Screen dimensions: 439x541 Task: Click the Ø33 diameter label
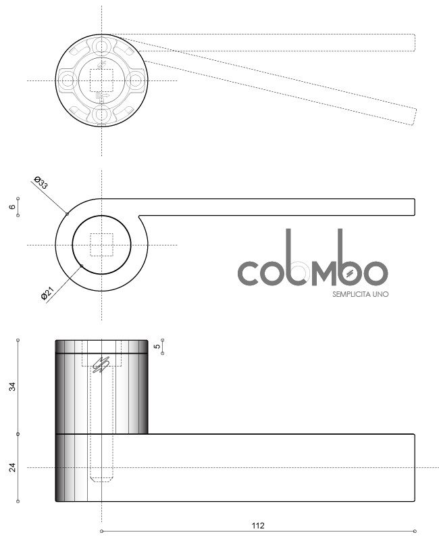(41, 182)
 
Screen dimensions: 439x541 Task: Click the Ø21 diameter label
(47, 293)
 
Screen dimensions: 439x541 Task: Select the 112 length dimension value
(258, 525)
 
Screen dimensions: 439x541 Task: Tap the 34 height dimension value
(12, 387)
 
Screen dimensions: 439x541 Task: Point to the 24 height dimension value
(12, 467)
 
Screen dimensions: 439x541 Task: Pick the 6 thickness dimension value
(12, 207)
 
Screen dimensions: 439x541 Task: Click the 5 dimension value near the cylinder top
(157, 346)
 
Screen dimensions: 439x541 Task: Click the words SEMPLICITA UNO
(360, 294)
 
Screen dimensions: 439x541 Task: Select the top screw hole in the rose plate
(102, 46)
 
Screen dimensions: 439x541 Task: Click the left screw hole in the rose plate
(67, 81)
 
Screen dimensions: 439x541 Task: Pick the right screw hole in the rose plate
(136, 81)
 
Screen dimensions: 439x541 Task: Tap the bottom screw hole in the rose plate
(102, 115)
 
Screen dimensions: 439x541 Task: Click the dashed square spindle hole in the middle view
(102, 245)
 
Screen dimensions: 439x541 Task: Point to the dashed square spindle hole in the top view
(102, 80)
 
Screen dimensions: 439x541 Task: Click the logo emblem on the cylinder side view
(101, 364)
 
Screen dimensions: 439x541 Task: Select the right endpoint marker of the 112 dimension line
(415, 531)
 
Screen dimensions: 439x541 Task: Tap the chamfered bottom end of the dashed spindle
(102, 479)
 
